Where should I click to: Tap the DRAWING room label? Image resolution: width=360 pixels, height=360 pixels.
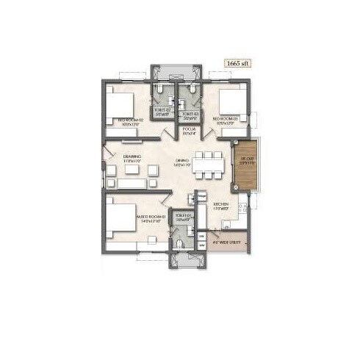(x=132, y=159)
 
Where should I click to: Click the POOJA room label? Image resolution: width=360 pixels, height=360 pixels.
(x=190, y=131)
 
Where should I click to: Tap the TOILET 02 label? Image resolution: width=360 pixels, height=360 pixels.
(x=161, y=112)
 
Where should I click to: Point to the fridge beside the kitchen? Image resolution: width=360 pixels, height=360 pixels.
(x=201, y=198)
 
